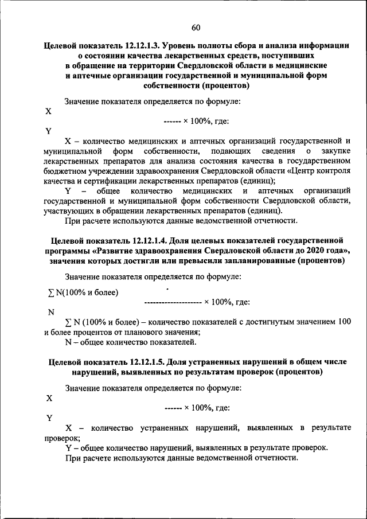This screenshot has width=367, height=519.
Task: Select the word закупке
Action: [x=333, y=151]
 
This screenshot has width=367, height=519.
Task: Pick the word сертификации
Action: [x=100, y=182]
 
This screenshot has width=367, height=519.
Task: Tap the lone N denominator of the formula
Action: [x=51, y=313]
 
